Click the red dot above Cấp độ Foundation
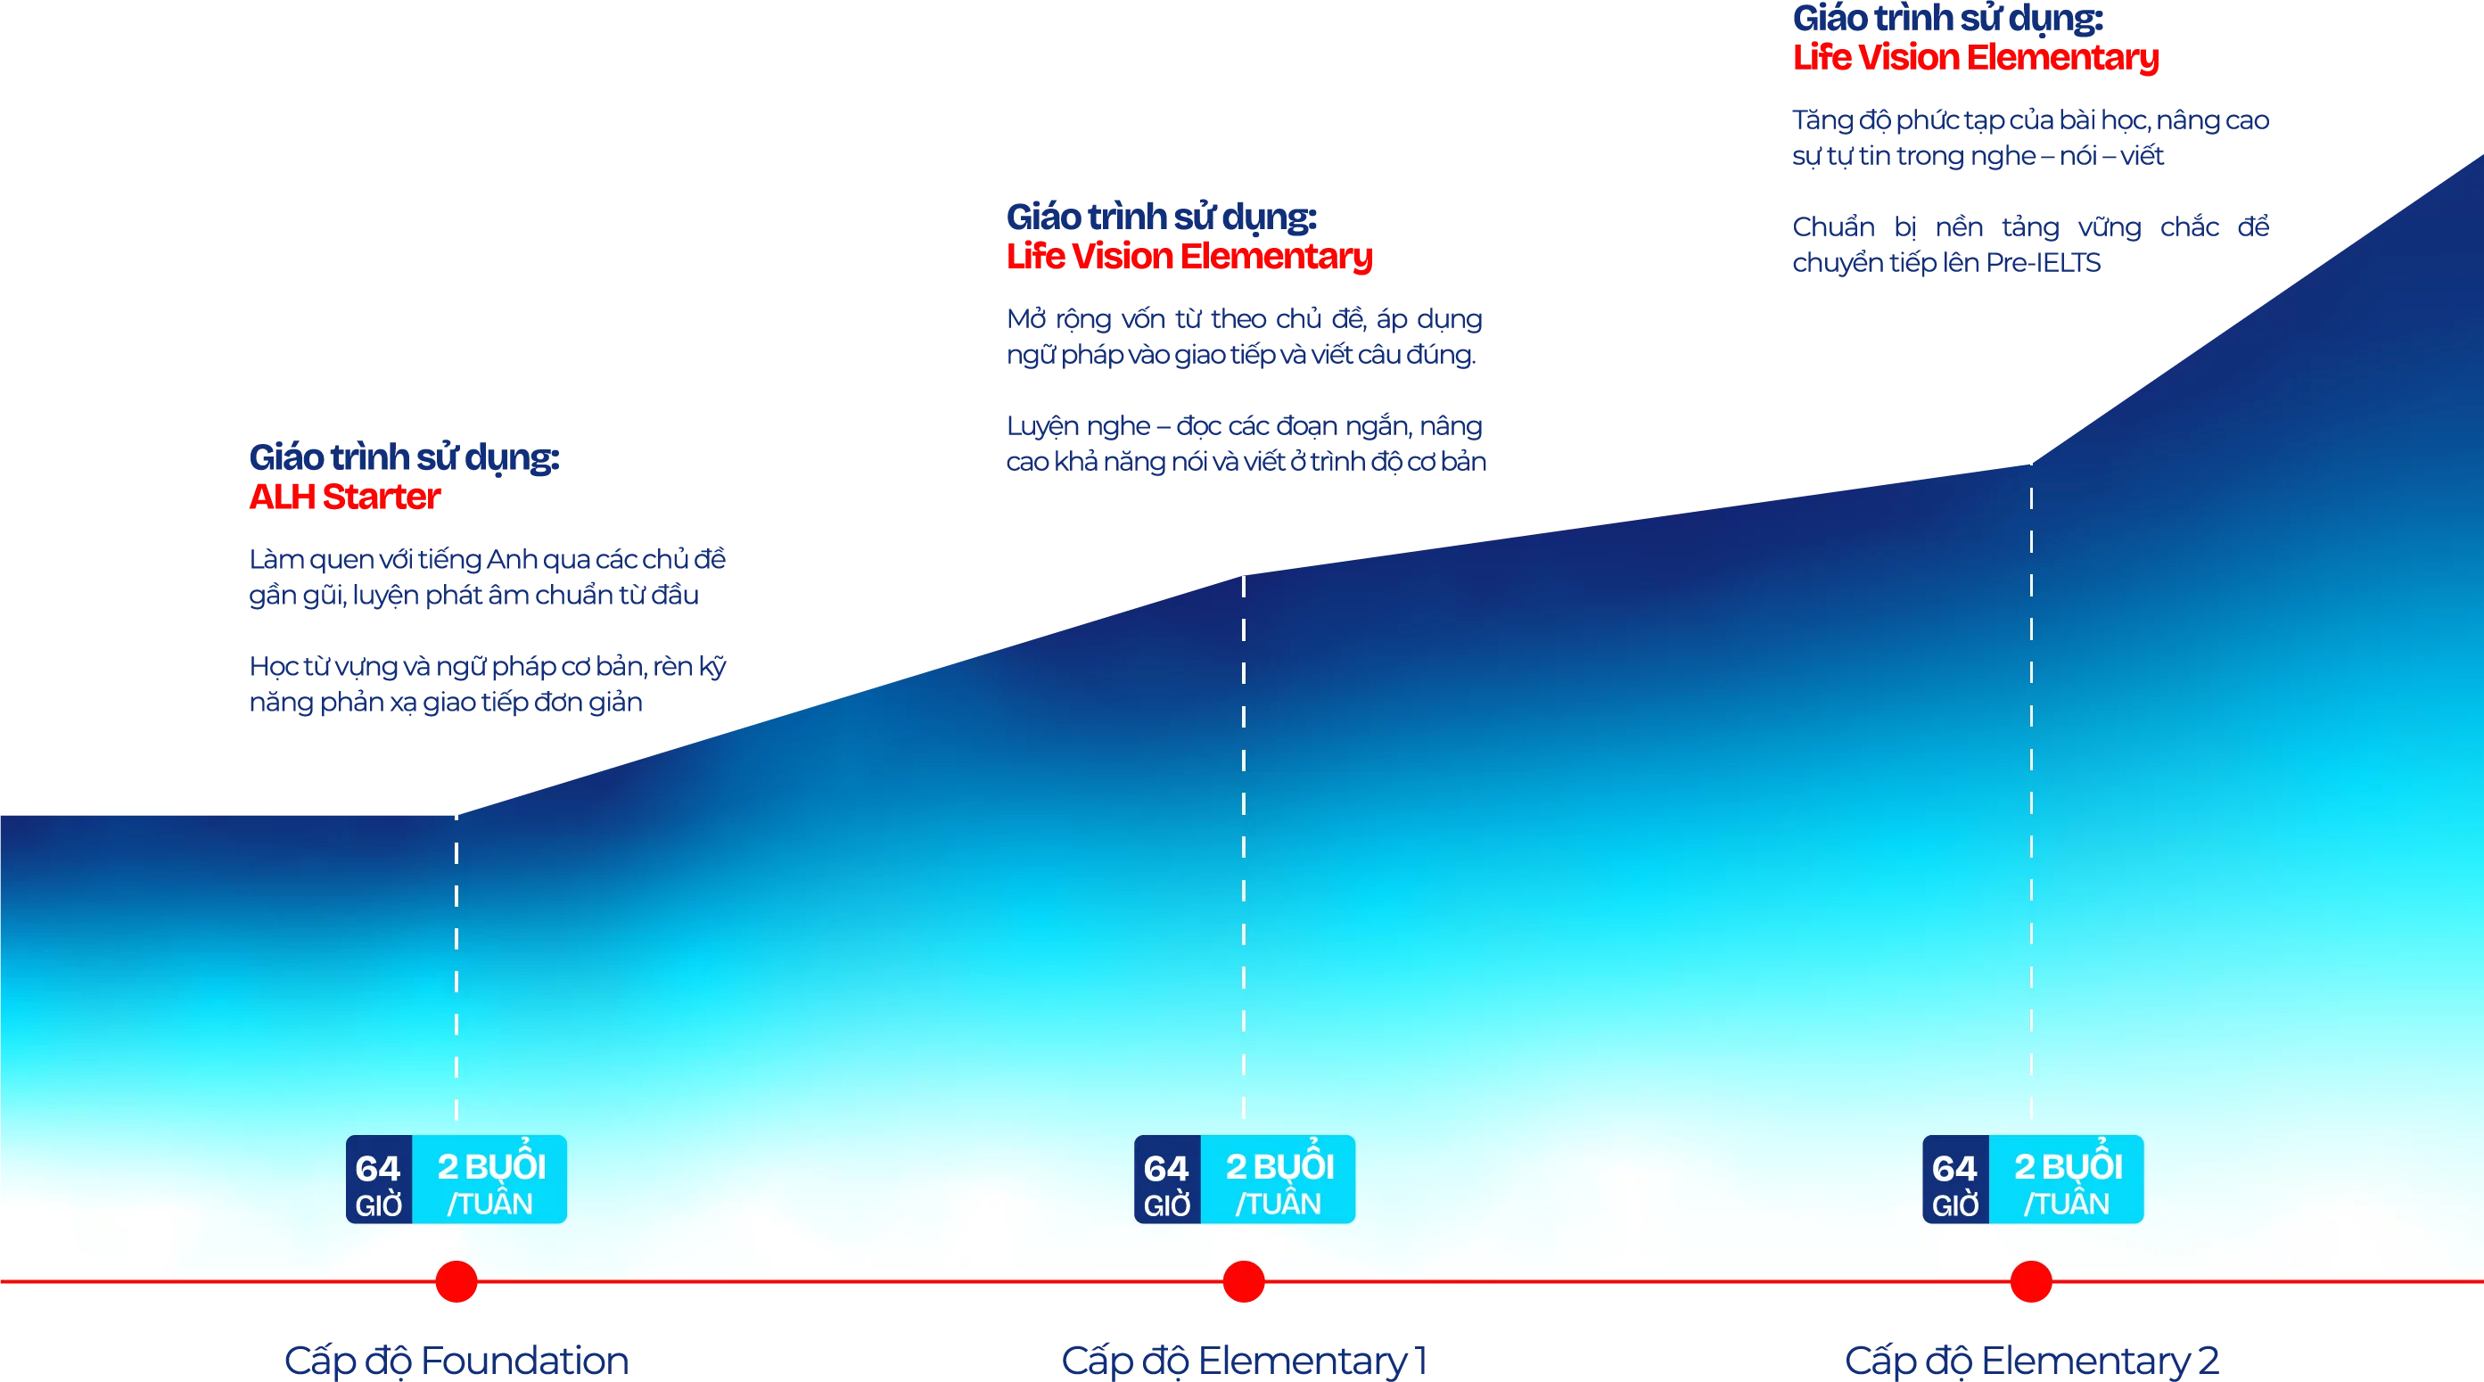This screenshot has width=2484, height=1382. [x=456, y=1280]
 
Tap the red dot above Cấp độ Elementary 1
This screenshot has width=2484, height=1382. [x=1244, y=1280]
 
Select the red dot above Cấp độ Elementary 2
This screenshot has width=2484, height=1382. [x=2031, y=1280]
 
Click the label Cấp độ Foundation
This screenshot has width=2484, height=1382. [x=456, y=1361]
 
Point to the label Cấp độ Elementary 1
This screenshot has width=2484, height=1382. [x=1244, y=1361]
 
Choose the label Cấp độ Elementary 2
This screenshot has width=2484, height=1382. [x=2032, y=1361]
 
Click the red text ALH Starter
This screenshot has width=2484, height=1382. [x=344, y=497]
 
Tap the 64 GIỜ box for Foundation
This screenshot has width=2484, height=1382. [x=379, y=1180]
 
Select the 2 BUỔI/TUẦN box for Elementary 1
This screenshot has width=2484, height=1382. [x=1279, y=1180]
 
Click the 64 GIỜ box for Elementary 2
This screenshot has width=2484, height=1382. [x=1955, y=1180]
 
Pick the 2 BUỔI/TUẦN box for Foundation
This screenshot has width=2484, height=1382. [x=489, y=1180]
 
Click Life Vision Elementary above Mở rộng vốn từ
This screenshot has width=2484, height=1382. [x=1189, y=257]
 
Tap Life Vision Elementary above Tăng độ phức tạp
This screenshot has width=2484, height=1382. [x=1976, y=58]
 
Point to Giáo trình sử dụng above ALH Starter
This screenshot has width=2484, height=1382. [x=404, y=457]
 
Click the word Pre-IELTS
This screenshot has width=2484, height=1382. [x=2044, y=262]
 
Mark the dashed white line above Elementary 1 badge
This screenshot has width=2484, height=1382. [x=1244, y=848]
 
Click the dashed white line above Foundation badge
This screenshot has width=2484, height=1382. [x=456, y=967]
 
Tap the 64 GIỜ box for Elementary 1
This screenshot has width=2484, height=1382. [x=1168, y=1180]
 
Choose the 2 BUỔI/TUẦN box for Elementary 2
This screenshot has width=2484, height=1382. [x=2067, y=1180]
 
